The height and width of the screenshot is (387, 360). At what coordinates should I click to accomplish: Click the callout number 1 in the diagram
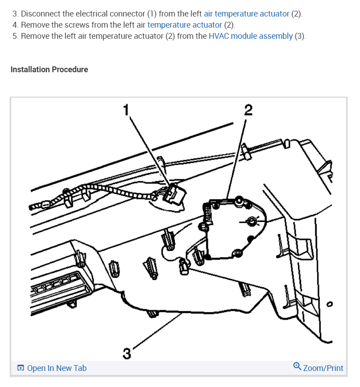pyautogui.click(x=126, y=109)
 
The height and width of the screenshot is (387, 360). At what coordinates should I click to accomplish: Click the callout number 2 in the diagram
pyautogui.click(x=248, y=109)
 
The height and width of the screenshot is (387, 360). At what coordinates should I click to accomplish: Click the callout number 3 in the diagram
pyautogui.click(x=127, y=354)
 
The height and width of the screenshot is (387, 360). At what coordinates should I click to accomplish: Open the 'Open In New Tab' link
pyautogui.click(x=57, y=368)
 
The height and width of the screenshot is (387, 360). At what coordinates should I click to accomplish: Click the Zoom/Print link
pyautogui.click(x=323, y=368)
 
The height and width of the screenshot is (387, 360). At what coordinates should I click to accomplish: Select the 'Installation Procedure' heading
pyautogui.click(x=49, y=70)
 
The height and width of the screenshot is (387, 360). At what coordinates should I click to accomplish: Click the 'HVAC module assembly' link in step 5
pyautogui.click(x=251, y=36)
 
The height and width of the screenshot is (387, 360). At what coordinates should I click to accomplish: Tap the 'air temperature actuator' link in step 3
pyautogui.click(x=247, y=14)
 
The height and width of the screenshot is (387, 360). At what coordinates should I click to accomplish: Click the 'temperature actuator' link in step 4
pyautogui.click(x=185, y=25)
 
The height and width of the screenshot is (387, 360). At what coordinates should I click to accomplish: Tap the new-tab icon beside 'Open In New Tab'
pyautogui.click(x=21, y=368)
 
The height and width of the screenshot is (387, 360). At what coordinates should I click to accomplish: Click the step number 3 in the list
pyautogui.click(x=15, y=14)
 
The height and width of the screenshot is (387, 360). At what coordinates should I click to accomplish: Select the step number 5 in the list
pyautogui.click(x=15, y=36)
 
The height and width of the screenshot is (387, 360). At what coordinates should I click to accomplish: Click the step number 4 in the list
pyautogui.click(x=15, y=25)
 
